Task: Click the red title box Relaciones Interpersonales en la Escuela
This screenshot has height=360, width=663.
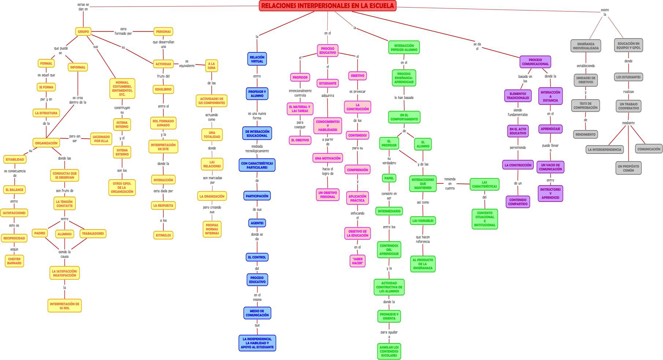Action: [328, 6]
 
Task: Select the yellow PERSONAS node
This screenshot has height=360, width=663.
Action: [163, 31]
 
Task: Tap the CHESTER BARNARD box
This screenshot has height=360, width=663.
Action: [14, 261]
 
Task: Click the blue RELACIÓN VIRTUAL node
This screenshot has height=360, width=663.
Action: [257, 59]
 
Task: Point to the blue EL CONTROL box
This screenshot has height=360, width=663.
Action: [257, 257]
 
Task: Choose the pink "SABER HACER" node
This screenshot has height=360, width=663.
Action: [357, 261]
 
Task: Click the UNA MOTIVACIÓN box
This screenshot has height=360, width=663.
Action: [328, 158]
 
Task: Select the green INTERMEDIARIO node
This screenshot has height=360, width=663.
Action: [389, 211]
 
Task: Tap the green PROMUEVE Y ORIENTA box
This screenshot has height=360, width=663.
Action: [389, 316]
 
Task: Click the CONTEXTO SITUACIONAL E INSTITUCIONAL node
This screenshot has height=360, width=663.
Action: [484, 219]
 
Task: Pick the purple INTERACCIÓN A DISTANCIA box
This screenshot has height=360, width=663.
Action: [550, 96]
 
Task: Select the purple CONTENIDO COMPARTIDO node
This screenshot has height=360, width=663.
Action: [518, 202]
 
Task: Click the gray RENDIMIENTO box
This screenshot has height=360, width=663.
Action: [585, 134]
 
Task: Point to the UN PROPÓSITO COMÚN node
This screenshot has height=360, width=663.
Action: [628, 168]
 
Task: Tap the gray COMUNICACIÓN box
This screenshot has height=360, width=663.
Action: [649, 149]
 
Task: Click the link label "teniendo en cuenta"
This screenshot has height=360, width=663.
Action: [450, 183]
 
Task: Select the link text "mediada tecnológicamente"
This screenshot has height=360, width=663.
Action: [257, 148]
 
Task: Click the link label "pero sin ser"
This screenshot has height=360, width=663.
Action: [75, 138]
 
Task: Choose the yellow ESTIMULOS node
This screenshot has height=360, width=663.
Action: [163, 235]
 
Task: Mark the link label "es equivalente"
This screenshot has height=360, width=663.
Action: [187, 64]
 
